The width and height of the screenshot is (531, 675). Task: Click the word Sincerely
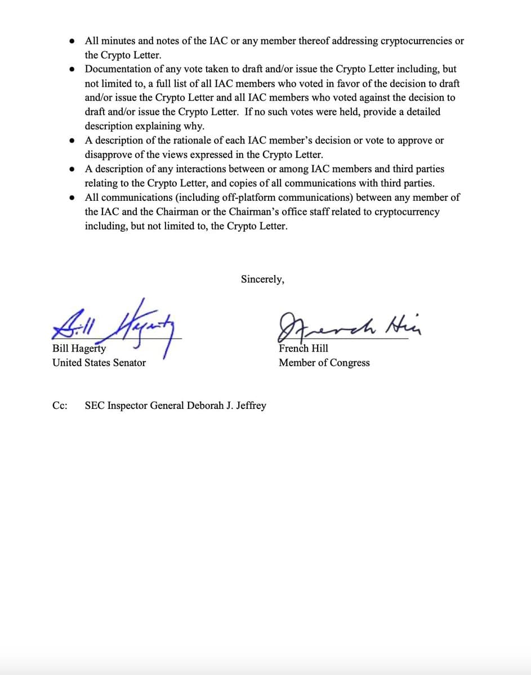[x=262, y=279]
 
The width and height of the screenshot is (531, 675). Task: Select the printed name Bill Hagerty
[x=79, y=348]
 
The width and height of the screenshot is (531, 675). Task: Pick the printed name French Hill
[x=304, y=348]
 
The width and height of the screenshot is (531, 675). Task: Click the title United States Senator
[x=99, y=363]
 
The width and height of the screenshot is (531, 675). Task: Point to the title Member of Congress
[x=324, y=363]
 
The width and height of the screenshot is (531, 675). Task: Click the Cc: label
[x=60, y=406]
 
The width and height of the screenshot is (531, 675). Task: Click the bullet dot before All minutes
[x=72, y=41]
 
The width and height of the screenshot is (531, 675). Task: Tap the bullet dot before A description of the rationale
[x=72, y=140]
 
